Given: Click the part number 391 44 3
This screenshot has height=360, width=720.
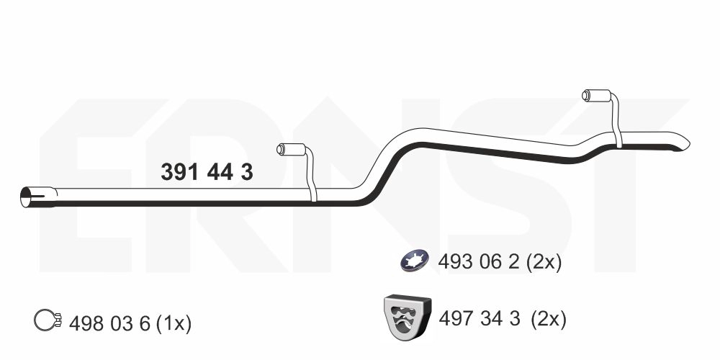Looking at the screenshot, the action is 207,172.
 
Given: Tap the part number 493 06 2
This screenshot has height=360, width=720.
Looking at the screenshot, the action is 479,262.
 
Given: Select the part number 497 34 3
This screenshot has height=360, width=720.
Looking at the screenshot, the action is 480,318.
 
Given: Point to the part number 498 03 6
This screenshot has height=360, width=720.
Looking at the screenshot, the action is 109,324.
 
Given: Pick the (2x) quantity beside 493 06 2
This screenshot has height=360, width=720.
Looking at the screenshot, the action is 544,262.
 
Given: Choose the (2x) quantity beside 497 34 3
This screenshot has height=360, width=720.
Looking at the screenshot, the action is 549,318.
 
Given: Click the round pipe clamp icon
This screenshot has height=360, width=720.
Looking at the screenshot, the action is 48,320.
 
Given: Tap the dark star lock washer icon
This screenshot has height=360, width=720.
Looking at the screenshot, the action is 415,261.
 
